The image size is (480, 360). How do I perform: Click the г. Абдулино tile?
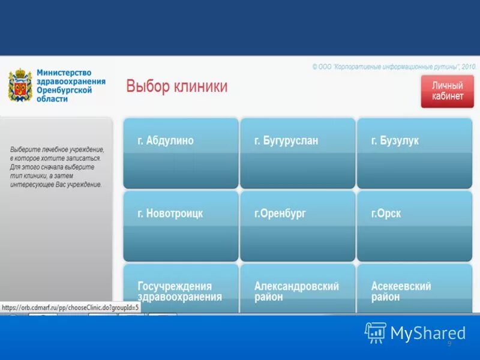coord(181,153)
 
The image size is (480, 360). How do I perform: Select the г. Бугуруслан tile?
coord(298,153)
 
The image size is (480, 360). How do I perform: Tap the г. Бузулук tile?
coord(415,153)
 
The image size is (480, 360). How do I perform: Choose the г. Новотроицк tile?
coord(181,226)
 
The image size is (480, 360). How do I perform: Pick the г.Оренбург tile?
coord(298,226)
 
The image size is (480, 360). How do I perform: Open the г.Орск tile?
coord(415,226)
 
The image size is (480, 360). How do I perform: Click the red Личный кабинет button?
coord(447,91)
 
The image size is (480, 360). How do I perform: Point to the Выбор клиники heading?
coord(176,86)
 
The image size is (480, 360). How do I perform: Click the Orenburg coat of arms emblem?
coord(19,86)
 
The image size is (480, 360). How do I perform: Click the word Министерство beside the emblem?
coord(64,73)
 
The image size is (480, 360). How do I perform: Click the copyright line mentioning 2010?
coord(394,67)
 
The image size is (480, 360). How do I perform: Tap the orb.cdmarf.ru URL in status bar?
coord(71,307)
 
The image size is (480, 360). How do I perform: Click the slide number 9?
coord(449,343)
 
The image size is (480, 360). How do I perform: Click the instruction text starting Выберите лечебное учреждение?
coord(57,167)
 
